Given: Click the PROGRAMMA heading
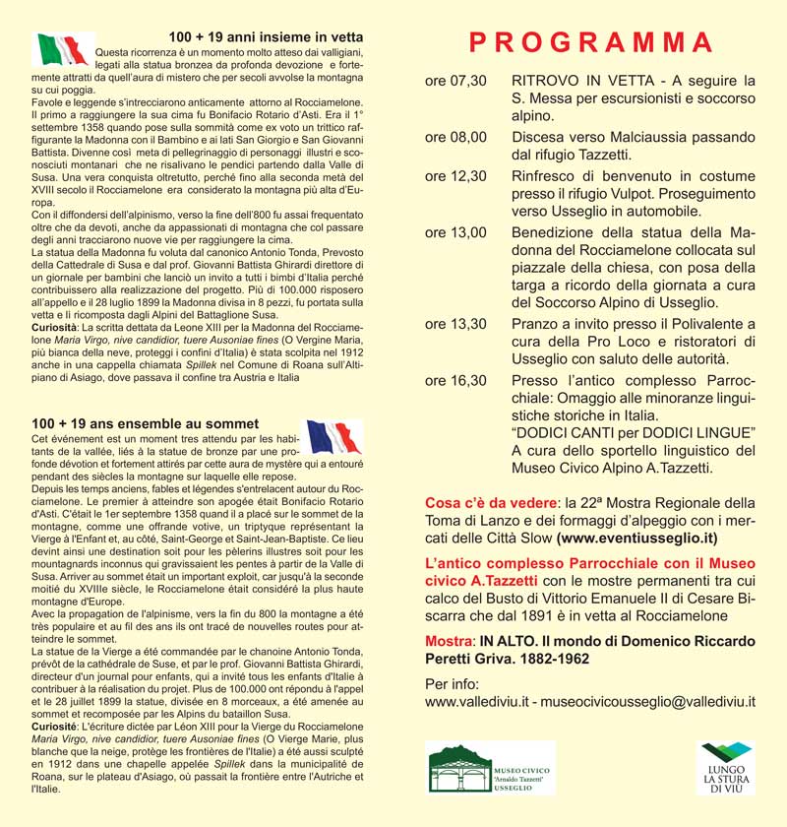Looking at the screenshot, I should (x=590, y=42).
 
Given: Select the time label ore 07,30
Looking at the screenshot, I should (x=455, y=80).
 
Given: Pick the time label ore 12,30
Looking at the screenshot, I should (x=455, y=175).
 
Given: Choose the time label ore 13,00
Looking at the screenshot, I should (x=455, y=232).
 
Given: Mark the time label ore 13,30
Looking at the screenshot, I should (x=455, y=324).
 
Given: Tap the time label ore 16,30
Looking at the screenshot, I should (x=455, y=380).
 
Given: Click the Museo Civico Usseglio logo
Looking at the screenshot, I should (x=491, y=767).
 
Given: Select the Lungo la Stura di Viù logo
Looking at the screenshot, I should (x=725, y=767).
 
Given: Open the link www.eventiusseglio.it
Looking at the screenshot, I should (x=636, y=538).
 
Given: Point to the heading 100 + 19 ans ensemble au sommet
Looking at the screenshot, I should (x=145, y=423).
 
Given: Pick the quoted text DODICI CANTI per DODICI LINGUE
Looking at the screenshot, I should (x=634, y=433).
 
